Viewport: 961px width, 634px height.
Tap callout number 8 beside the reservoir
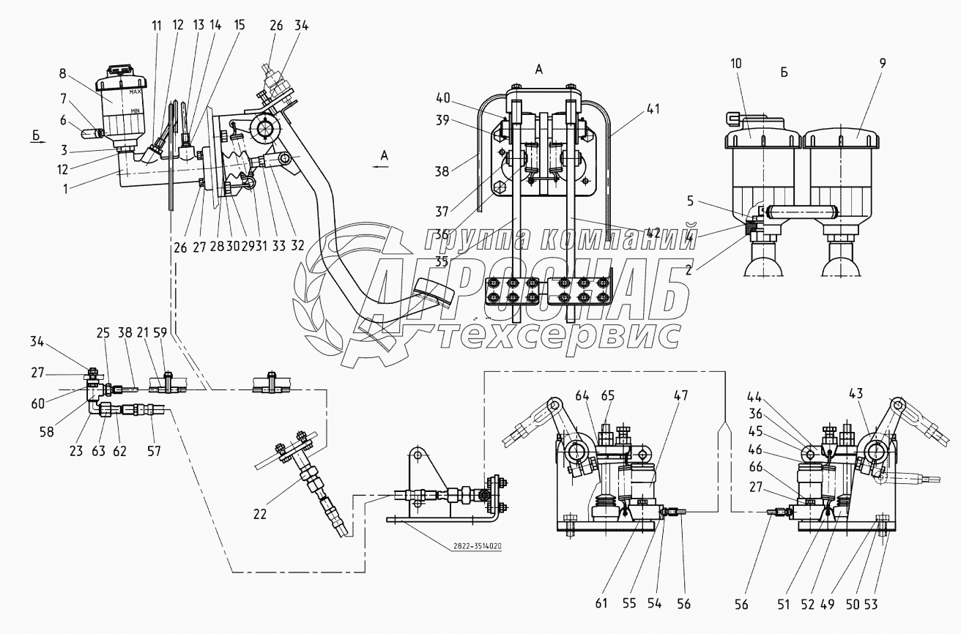(63, 73)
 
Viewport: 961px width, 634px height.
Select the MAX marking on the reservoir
(134, 93)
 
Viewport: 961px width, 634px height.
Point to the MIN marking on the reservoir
(136, 110)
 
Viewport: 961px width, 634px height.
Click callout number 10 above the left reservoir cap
(736, 64)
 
